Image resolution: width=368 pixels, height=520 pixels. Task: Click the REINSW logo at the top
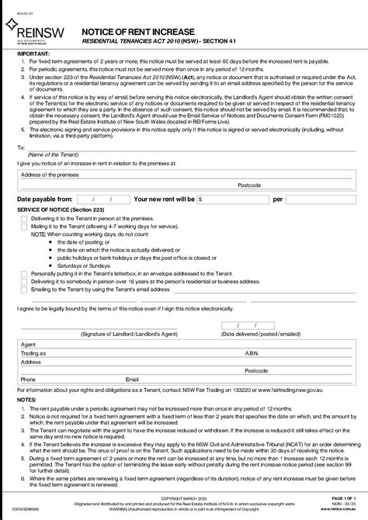coord(31,29)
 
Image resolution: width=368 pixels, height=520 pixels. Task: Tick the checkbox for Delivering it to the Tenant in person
coord(24,219)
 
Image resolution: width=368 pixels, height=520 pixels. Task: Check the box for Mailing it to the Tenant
coord(24,226)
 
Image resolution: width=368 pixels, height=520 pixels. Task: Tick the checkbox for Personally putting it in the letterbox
coord(24,274)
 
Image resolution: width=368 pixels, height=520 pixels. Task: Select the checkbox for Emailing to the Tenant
coord(24,289)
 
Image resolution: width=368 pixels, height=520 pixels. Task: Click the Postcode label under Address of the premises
coord(249,185)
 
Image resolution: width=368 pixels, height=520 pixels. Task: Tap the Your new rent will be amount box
coord(233,199)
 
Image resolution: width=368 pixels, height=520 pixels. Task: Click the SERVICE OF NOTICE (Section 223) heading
coord(57,210)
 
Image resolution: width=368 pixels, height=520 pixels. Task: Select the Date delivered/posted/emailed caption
coord(260,333)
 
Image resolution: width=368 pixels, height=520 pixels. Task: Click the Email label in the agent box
coord(132,380)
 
